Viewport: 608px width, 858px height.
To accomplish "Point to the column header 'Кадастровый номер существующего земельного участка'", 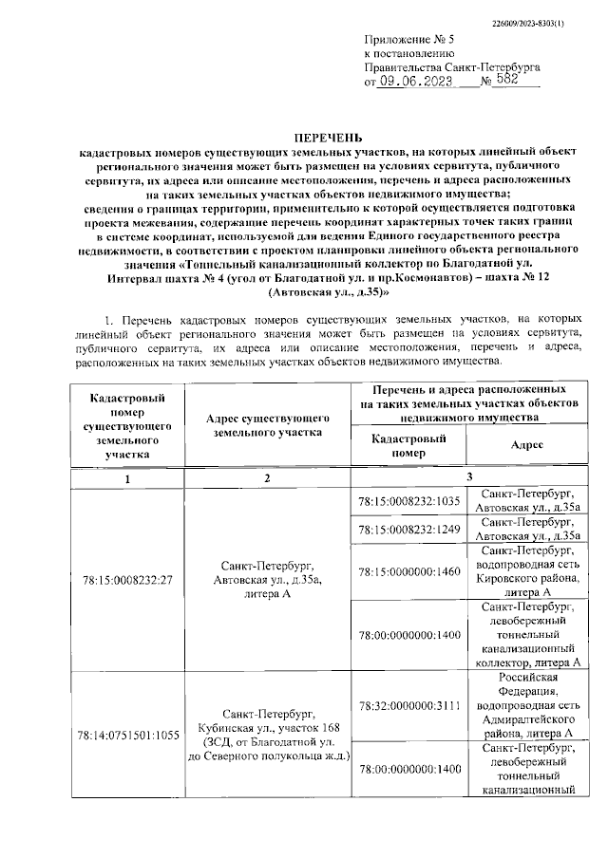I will click(123, 425).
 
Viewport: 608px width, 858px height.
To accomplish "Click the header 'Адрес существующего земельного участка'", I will click(268, 425).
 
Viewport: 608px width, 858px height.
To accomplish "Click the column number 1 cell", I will click(123, 478).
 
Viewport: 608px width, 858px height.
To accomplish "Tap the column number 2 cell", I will click(268, 478).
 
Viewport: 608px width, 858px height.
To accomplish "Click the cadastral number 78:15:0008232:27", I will click(123, 580).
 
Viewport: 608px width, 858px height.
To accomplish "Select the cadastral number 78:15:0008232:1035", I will click(408, 501).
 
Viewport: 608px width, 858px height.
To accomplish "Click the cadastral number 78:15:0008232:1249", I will click(408, 529).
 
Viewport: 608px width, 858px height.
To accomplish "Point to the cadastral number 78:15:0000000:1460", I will click(408, 571).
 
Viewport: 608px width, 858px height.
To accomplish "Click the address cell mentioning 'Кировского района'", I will click(528, 571).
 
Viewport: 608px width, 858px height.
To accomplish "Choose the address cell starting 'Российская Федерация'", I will click(528, 705).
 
